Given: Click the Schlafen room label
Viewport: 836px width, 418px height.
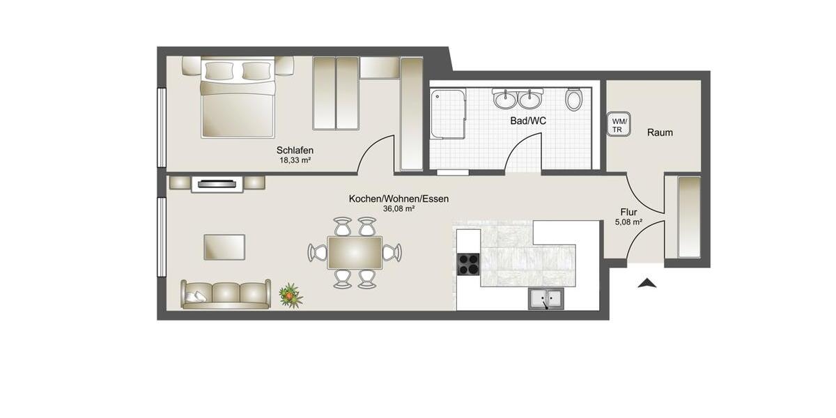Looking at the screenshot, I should (x=295, y=150).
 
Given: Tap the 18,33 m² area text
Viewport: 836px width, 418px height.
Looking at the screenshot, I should (x=295, y=160).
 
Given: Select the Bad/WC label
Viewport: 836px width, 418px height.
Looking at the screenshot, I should (x=528, y=121).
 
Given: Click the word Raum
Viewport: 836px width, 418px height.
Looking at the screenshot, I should (x=660, y=132).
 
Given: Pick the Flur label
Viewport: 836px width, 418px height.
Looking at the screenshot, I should (x=628, y=212).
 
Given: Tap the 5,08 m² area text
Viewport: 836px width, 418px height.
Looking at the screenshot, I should (x=628, y=223).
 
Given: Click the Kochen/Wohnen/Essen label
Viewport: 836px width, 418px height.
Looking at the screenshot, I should (x=398, y=199).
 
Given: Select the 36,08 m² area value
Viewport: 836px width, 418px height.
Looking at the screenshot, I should (x=398, y=208).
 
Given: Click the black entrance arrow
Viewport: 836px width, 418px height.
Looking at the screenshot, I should (x=647, y=282).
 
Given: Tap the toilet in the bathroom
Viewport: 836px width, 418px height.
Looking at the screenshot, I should (x=574, y=100).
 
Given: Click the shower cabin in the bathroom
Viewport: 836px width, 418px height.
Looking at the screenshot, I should (x=447, y=114).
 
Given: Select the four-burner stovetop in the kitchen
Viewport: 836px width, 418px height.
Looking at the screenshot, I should (x=468, y=264).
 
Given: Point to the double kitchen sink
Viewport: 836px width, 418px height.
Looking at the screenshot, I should (x=546, y=299).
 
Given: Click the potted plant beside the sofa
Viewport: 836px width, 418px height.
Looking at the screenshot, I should (x=291, y=296).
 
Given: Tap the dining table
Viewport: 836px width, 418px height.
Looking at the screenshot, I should (x=355, y=252).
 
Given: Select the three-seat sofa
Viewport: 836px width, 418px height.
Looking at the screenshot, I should (x=225, y=294).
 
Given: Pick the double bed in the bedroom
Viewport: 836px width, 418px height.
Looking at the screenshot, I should (x=238, y=98).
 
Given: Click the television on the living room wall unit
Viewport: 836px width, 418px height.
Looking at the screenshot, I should (x=217, y=184).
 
